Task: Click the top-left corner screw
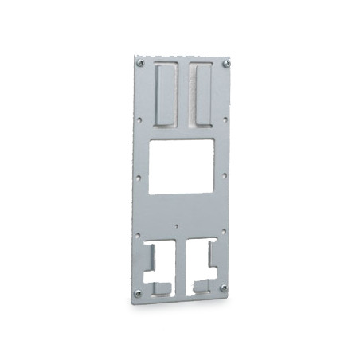pyautogui.click(x=140, y=62)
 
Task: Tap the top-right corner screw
pyautogui.click(x=226, y=63)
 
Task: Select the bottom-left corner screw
pyautogui.click(x=137, y=293)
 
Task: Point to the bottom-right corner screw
pyautogui.click(x=223, y=288)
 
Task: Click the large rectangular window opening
pyautogui.click(x=182, y=166)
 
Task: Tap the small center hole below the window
pyautogui.click(x=176, y=225)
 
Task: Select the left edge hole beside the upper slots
pyautogui.click(x=140, y=120)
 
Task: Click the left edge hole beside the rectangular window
pyautogui.click(x=139, y=178)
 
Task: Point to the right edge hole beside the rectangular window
pyautogui.click(x=225, y=177)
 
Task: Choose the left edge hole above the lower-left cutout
pyautogui.click(x=138, y=235)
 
